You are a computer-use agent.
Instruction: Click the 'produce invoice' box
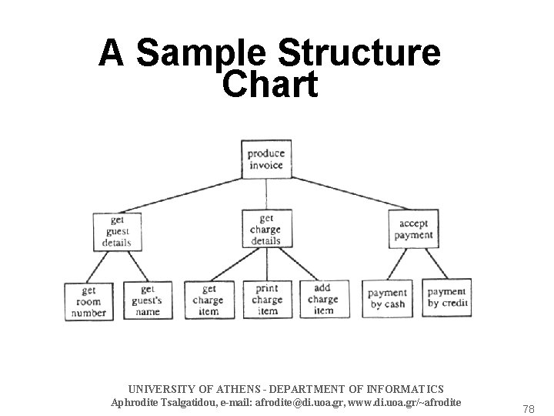pos(265,159)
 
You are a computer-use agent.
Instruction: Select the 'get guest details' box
pos(116,230)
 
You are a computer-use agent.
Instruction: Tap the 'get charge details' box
pos(265,230)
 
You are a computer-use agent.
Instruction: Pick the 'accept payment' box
pos(414,230)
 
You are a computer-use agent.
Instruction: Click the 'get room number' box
pos(88,300)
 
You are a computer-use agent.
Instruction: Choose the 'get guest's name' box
pos(146,300)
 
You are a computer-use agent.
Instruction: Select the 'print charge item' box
pos(266,300)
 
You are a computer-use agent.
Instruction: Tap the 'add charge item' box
pos(323,300)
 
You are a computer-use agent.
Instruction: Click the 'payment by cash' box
pos(386,299)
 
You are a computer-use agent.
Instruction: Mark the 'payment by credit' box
pos(446,297)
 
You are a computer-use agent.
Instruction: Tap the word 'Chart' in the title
pos(269,86)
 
